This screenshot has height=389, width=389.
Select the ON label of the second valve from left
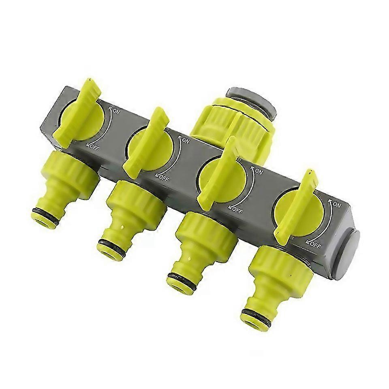tap(186, 141)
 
